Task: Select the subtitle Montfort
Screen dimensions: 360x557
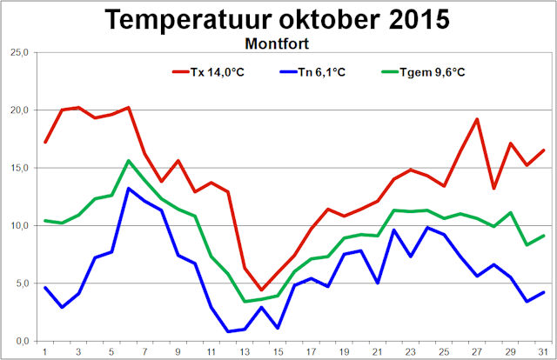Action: click(278, 41)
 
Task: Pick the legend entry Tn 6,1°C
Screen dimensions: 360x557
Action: click(318, 71)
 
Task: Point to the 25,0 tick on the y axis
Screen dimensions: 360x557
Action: click(19, 53)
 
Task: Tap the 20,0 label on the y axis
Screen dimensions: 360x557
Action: click(19, 110)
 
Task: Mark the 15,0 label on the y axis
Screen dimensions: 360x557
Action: click(19, 168)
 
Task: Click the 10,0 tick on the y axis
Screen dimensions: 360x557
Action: click(19, 225)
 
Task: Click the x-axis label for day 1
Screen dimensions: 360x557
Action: click(45, 351)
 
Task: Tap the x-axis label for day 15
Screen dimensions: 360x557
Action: click(278, 351)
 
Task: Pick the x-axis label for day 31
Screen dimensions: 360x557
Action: click(544, 351)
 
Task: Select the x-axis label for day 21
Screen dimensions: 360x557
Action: click(378, 351)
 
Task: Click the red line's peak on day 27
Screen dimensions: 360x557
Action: click(477, 119)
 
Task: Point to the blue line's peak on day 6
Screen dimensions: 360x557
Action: click(129, 189)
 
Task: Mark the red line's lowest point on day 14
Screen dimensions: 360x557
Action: click(261, 290)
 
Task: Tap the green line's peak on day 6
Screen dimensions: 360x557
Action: click(129, 161)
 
